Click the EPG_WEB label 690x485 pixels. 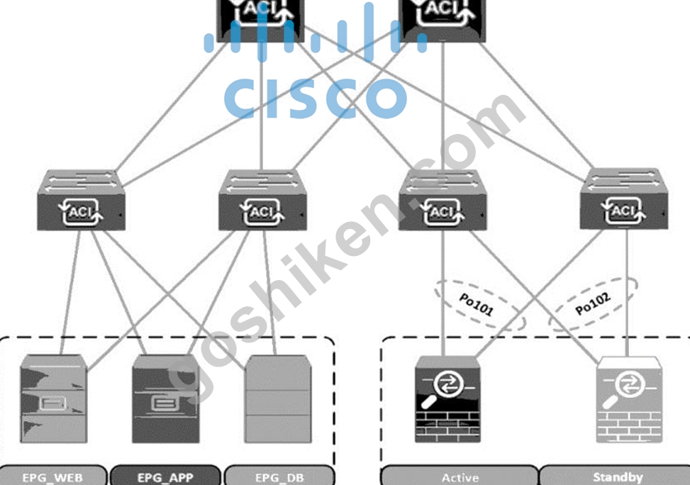(x=52, y=477)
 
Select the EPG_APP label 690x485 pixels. (x=165, y=477)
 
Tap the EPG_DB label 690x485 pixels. (x=279, y=477)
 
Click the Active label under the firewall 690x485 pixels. (x=460, y=477)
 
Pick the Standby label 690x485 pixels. (x=618, y=477)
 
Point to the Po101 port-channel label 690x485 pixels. (x=476, y=305)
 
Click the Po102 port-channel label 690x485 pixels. (x=593, y=303)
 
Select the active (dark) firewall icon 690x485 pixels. (x=447, y=399)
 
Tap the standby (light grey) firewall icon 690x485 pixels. (x=629, y=399)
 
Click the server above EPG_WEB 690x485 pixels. (x=54, y=398)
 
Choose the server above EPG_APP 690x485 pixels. (x=166, y=398)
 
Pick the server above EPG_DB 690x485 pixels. (x=278, y=398)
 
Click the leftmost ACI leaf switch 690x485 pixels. (x=81, y=200)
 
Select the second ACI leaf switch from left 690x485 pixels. (x=262, y=200)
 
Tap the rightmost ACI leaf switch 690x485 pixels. (x=624, y=199)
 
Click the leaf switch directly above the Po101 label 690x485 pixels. (x=443, y=200)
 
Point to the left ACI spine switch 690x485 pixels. (x=261, y=20)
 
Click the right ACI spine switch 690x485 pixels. (x=443, y=20)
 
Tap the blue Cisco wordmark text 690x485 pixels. (x=315, y=98)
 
